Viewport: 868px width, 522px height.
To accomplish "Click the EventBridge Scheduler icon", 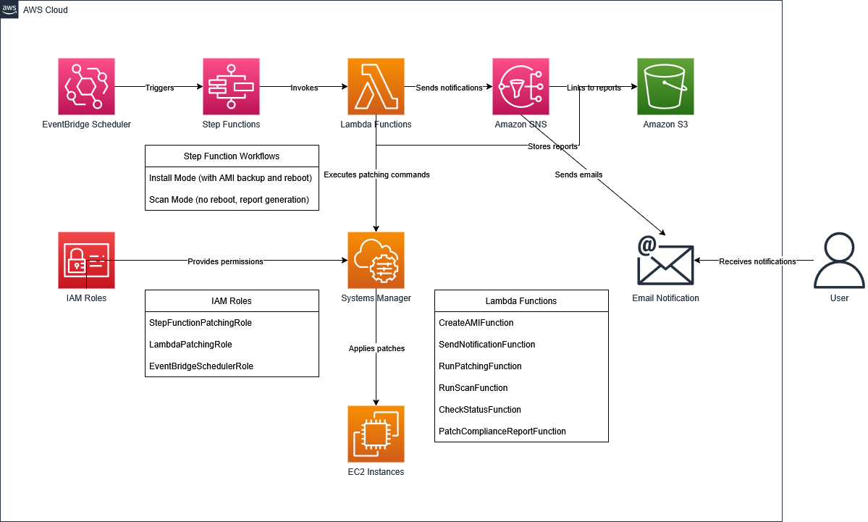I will (x=87, y=87).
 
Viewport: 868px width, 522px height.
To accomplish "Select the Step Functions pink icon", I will (x=231, y=87).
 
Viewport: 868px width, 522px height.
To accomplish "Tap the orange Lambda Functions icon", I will (x=376, y=87).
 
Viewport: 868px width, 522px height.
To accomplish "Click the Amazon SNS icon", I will (x=521, y=87).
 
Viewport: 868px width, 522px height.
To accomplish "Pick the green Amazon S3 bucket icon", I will (x=665, y=87).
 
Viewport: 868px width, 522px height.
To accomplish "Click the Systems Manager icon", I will (x=376, y=260).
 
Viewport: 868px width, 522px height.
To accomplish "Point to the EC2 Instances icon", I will (x=376, y=434).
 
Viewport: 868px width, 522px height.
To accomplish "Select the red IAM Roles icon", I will (x=87, y=260).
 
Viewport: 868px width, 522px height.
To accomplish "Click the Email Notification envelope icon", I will (x=665, y=260).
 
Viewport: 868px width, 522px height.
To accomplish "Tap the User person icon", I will (x=839, y=260).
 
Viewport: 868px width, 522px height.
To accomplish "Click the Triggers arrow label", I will (x=159, y=88).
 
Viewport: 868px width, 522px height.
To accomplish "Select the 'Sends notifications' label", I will (x=449, y=88).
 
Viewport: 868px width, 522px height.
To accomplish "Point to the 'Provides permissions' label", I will (x=225, y=261).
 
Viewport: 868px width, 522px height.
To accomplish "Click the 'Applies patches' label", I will (x=376, y=348).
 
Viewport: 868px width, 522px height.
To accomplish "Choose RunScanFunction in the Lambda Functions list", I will (x=473, y=388).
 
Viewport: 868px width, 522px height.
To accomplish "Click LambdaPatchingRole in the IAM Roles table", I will (x=190, y=345).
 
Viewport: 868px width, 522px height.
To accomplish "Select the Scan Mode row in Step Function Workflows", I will (x=229, y=200).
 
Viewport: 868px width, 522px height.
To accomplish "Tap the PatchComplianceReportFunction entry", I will (x=502, y=432).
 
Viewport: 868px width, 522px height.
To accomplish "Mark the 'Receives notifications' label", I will (x=757, y=261).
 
